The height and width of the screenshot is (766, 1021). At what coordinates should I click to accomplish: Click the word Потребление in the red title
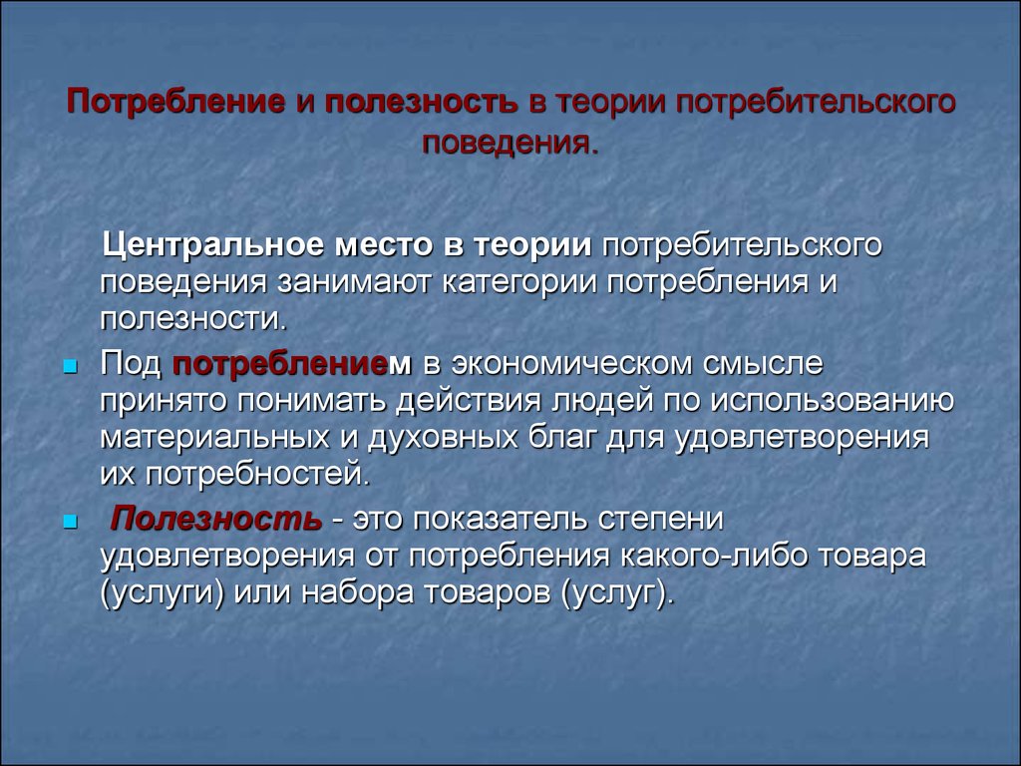pyautogui.click(x=175, y=104)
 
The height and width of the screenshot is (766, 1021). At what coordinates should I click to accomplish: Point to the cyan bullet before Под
pyautogui.click(x=71, y=368)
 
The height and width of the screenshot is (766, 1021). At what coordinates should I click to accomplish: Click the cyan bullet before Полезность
pyautogui.click(x=71, y=523)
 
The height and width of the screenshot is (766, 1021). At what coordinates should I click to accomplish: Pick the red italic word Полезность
pyautogui.click(x=215, y=519)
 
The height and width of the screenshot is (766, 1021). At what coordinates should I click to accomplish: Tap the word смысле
pyautogui.click(x=763, y=364)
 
